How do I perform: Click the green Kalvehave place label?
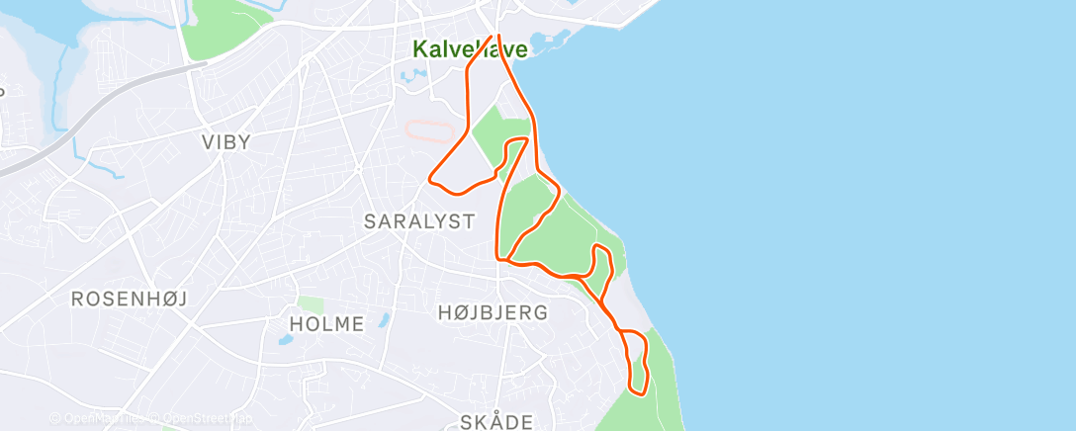(469, 47)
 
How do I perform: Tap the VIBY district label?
(225, 142)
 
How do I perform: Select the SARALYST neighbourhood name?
(419, 221)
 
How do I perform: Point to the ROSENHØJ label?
(129, 299)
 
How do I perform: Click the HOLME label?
(326, 323)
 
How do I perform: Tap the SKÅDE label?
(496, 422)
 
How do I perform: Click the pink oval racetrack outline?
(432, 130)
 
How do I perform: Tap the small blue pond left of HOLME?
(285, 339)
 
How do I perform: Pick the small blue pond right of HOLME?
(384, 319)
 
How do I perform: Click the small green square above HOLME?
(311, 305)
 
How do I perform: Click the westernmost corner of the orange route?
(430, 179)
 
